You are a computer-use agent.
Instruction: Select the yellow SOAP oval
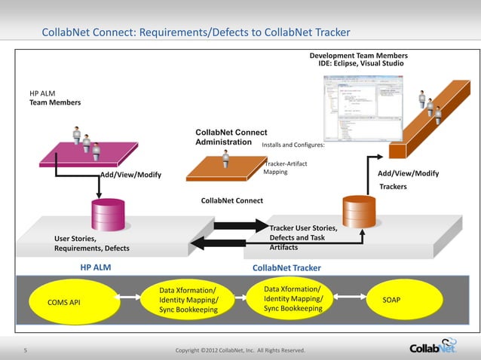[x=391, y=300]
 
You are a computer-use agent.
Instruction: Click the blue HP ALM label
[x=96, y=267]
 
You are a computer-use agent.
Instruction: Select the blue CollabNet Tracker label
[x=286, y=268]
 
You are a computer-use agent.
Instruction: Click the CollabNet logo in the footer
[x=432, y=346]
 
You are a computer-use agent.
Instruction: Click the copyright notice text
[x=240, y=350]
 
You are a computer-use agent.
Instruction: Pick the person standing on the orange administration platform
[x=225, y=159]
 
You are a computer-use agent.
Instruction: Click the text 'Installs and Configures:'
[x=293, y=145]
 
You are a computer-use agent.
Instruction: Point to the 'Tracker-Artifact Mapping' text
[x=286, y=168]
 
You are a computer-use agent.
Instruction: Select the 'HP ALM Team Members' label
[x=50, y=98]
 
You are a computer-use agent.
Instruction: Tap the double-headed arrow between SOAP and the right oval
[x=344, y=300]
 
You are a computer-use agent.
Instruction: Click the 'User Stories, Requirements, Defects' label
[x=91, y=243]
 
